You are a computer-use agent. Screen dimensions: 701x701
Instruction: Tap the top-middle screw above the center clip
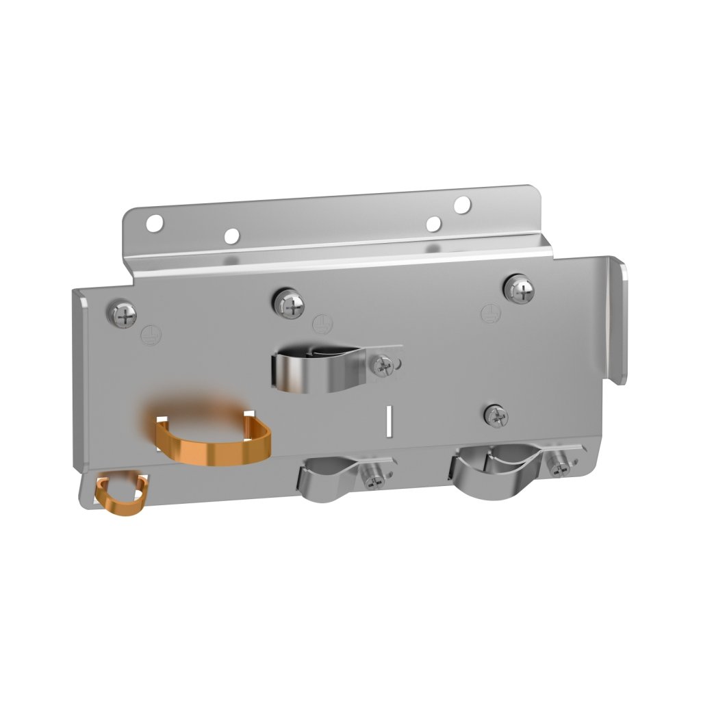(290, 305)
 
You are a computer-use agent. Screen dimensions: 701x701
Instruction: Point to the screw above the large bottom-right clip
(496, 414)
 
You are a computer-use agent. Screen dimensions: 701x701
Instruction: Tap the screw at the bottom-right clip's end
(559, 468)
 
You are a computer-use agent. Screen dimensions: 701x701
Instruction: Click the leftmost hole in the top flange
(155, 222)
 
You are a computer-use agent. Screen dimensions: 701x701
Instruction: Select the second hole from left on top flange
(232, 236)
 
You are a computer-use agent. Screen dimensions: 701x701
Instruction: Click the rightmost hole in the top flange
(462, 203)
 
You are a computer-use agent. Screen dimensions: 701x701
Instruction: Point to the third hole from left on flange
(433, 224)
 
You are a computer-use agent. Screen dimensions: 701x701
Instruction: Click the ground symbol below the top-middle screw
(319, 322)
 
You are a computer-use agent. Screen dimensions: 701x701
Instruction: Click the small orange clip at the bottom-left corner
(121, 493)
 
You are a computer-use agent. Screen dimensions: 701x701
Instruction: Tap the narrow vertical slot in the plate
(388, 420)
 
